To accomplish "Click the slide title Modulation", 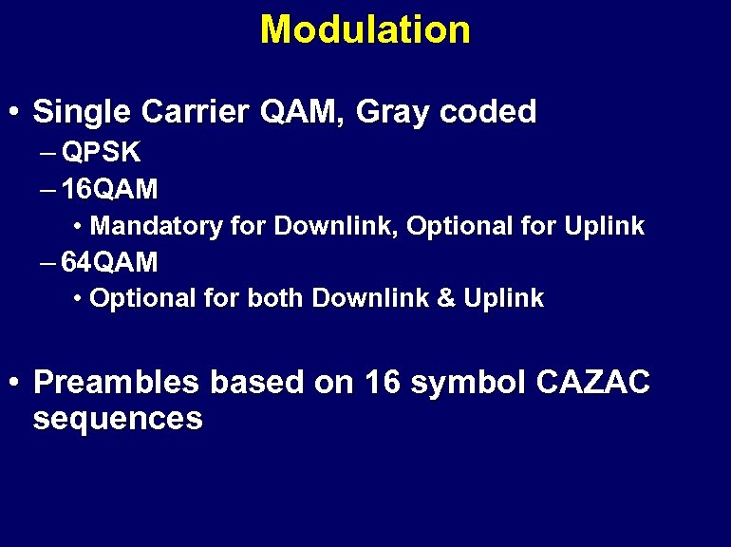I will (365, 29).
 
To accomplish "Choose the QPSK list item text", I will (102, 152).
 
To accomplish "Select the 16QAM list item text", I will (109, 189).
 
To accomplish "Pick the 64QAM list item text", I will (109, 261).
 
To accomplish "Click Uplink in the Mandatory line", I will (604, 226).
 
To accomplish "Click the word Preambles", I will (116, 383).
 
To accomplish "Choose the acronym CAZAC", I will (593, 383).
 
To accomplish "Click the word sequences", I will (118, 419).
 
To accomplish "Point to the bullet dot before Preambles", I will (13, 384).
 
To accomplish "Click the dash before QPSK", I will (47, 152).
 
